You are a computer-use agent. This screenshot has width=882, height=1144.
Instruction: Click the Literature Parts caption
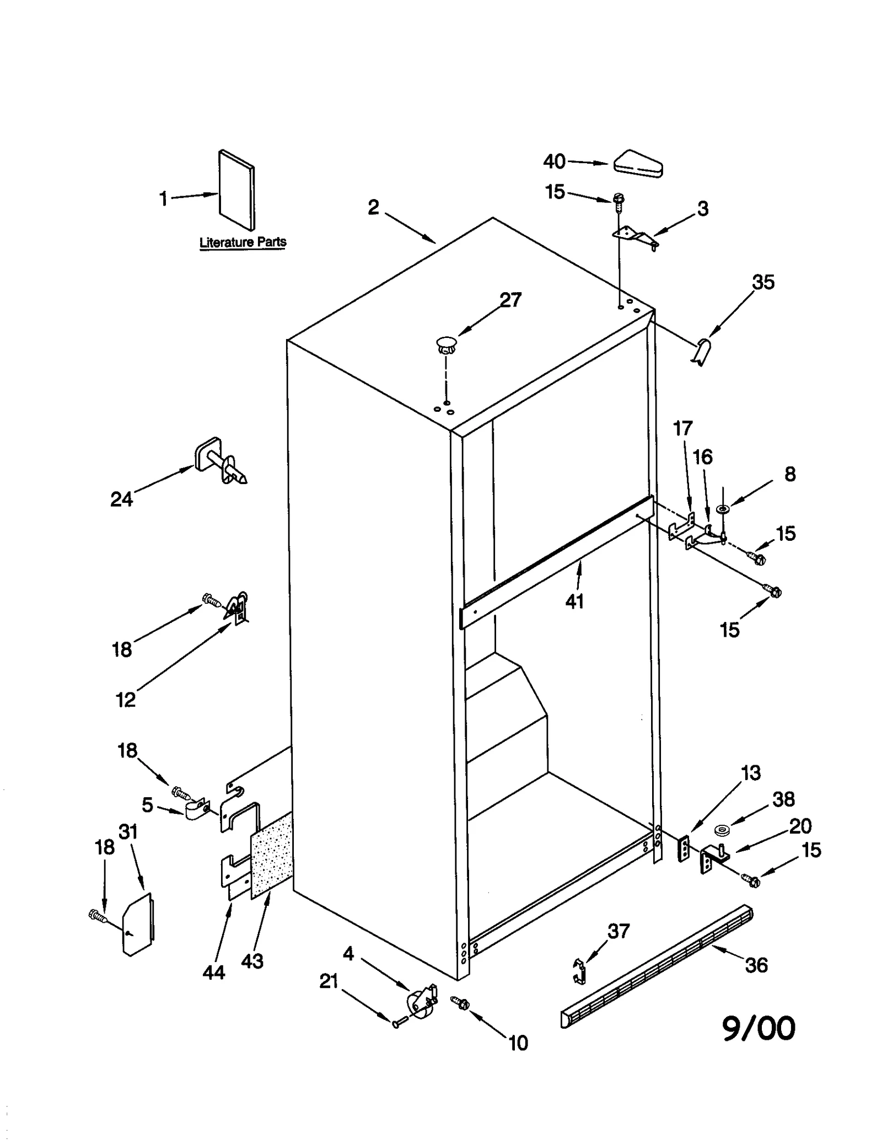(243, 242)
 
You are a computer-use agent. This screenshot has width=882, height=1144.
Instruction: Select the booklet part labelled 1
(237, 190)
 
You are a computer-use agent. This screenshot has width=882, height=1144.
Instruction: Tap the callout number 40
(554, 162)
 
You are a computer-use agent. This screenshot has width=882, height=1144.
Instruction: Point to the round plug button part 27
(447, 346)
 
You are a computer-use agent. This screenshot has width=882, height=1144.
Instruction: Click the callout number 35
(763, 282)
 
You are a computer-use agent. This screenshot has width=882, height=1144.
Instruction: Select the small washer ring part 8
(722, 507)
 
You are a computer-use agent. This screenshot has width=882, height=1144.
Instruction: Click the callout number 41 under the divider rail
(574, 601)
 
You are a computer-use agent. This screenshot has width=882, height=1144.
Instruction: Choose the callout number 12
(126, 700)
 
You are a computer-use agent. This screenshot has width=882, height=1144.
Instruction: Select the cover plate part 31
(138, 923)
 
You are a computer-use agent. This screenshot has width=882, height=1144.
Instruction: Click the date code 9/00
(759, 1029)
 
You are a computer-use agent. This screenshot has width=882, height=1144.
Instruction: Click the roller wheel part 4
(422, 1002)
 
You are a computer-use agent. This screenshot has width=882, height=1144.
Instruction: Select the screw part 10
(460, 1003)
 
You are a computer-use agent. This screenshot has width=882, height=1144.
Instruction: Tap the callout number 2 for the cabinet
(373, 208)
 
